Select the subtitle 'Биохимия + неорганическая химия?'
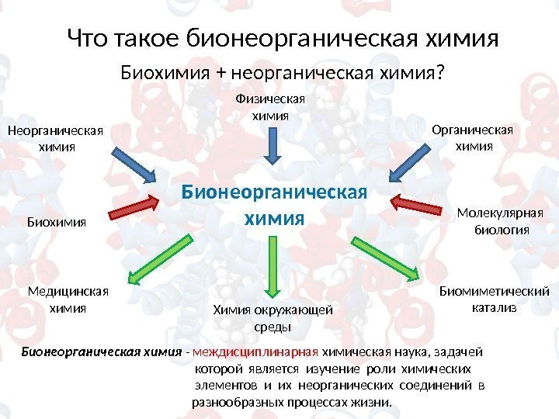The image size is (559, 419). point(282,73)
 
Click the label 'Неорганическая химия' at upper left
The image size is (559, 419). point(56,138)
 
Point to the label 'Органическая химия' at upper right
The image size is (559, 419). point(474,137)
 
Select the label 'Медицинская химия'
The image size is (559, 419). point(68,300)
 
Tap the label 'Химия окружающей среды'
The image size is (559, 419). point(272,318)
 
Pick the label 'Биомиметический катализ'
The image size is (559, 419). point(494,300)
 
